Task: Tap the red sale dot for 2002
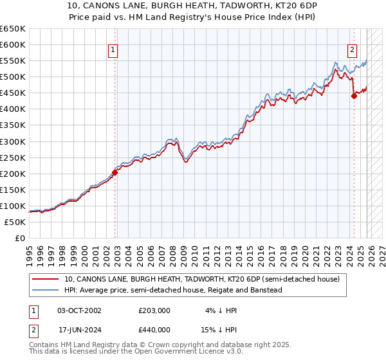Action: point(115,172)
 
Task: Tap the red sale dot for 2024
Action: point(354,96)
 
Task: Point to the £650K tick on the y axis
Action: point(13,29)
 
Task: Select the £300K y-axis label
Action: point(13,141)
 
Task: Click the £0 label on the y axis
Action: point(19,238)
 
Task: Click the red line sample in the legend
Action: point(45,279)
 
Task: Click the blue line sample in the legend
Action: point(45,290)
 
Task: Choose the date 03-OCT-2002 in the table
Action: point(75,310)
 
